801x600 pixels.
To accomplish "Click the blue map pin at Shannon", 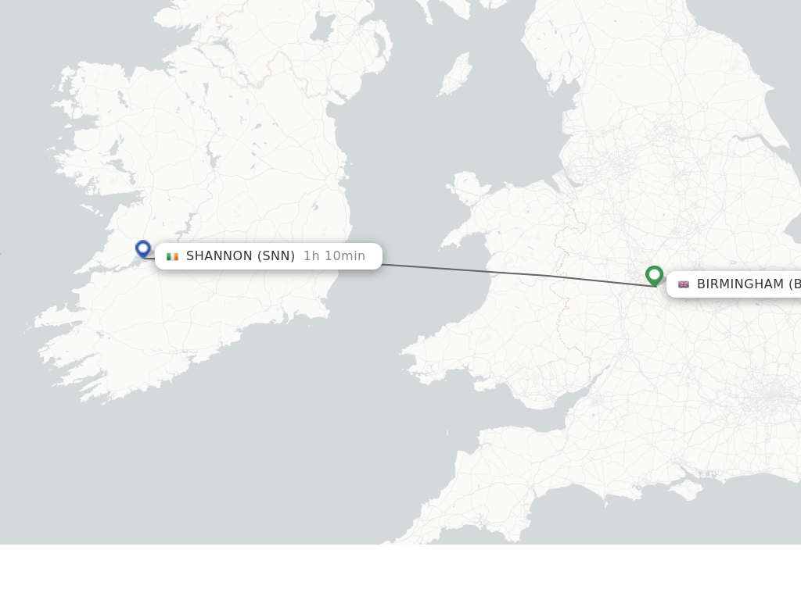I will pyautogui.click(x=143, y=248).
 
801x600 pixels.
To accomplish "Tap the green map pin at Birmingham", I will pyautogui.click(x=655, y=275).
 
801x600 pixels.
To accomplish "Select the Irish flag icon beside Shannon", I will pyautogui.click(x=172, y=256).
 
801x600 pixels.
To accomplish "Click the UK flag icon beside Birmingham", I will pyautogui.click(x=684, y=284).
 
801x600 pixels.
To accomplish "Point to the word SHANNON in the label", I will pyautogui.click(x=219, y=256).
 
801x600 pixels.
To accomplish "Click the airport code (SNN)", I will pyautogui.click(x=276, y=256).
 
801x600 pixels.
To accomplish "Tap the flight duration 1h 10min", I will pyautogui.click(x=334, y=256).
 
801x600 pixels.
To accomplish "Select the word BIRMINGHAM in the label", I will pyautogui.click(x=739, y=284).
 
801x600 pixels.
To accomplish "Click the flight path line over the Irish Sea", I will pyautogui.click(x=438, y=269).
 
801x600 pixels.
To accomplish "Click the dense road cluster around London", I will pyautogui.click(x=774, y=395).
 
